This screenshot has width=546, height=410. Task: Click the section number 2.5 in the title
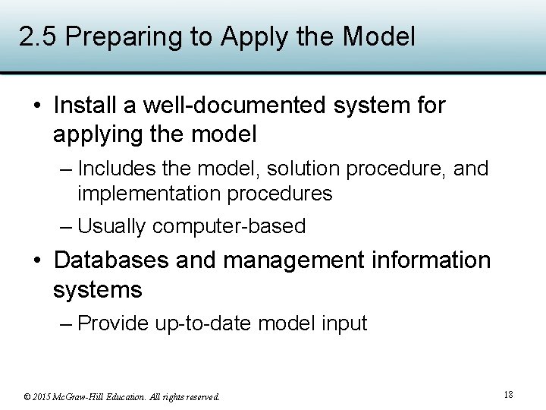coord(33,36)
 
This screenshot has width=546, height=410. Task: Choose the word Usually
coord(112,226)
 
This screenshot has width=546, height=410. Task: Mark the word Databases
coord(111,260)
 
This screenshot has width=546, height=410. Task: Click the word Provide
coord(114,323)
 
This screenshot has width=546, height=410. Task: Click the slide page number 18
coord(508,394)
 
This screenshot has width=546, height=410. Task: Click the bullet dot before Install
coord(37,106)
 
